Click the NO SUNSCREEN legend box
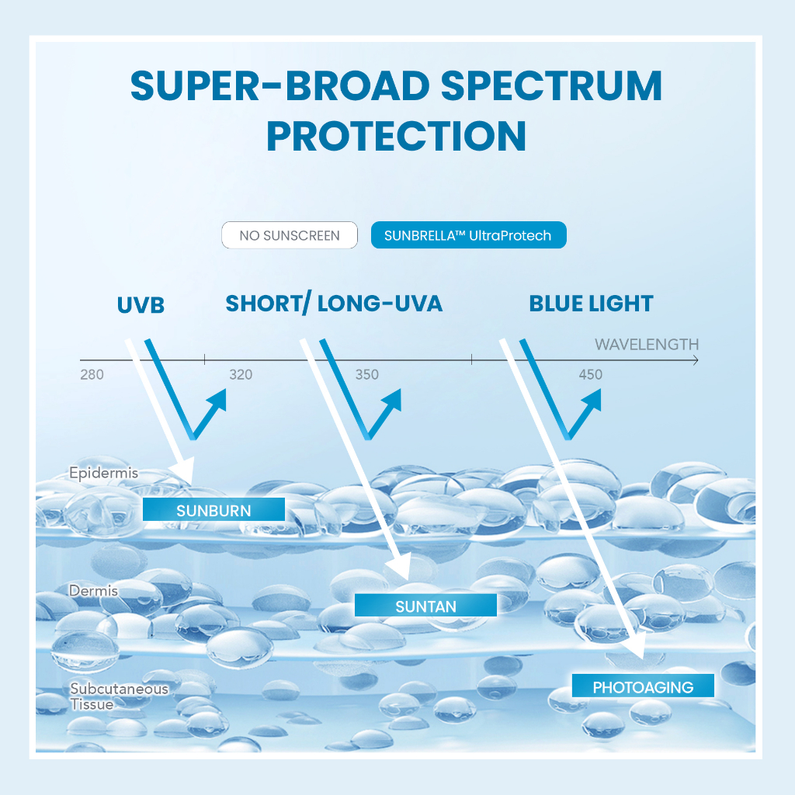click(290, 235)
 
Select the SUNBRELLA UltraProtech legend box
click(468, 235)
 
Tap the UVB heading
click(141, 305)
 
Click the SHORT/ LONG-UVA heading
click(334, 304)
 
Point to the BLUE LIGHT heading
click(591, 304)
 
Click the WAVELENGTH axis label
click(647, 344)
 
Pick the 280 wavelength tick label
click(92, 375)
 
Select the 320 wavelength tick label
click(241, 375)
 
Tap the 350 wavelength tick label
click(367, 375)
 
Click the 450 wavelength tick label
click(590, 375)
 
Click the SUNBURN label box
click(214, 510)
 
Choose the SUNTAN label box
click(425, 606)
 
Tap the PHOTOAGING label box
click(643, 686)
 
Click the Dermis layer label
click(93, 591)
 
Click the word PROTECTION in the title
click(397, 135)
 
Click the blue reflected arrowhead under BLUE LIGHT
click(593, 397)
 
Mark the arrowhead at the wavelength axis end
click(695, 360)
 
